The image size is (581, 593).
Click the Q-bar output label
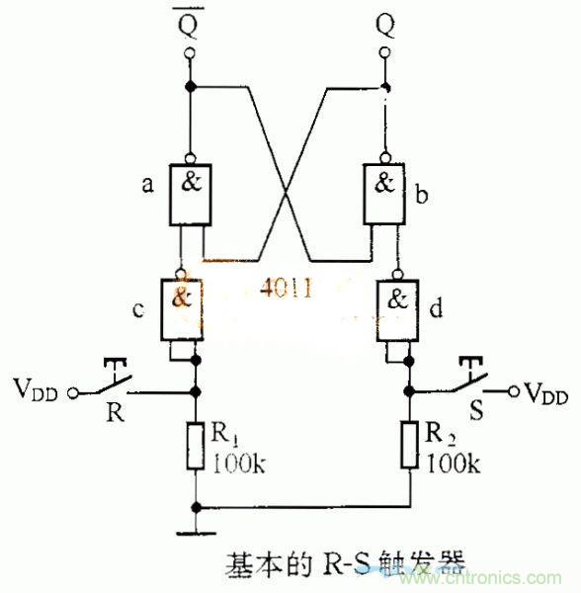(188, 25)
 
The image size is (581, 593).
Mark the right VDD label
(545, 392)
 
